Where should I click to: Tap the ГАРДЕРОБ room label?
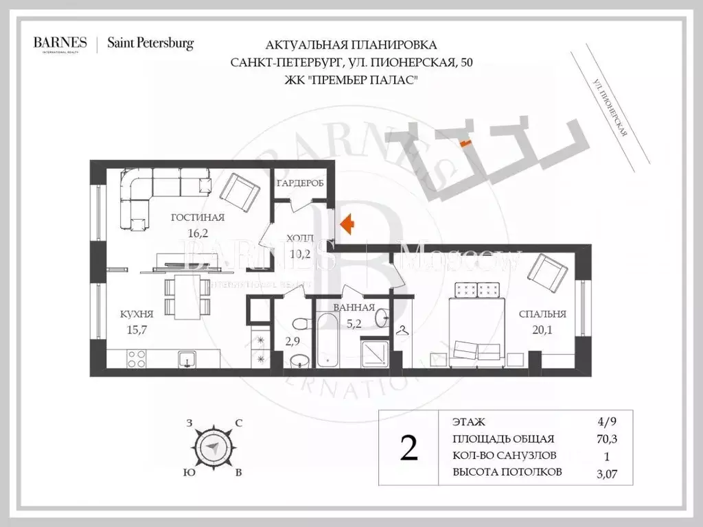[x=300, y=184]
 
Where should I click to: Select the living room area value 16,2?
[x=198, y=232]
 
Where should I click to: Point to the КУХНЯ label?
[x=136, y=314]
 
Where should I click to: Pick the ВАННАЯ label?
[x=353, y=308]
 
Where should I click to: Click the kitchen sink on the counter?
[x=185, y=359]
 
